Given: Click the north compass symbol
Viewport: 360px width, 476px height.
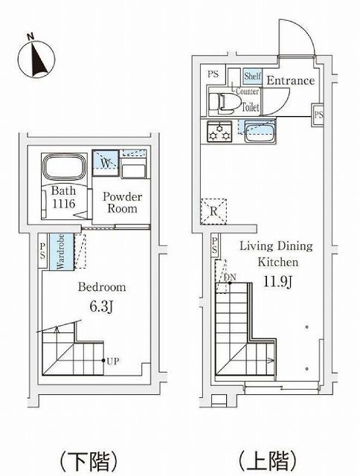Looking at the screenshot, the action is coord(36,58).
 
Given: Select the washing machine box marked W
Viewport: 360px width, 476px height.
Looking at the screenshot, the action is coord(106,163).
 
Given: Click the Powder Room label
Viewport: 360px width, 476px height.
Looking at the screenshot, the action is coord(122,202).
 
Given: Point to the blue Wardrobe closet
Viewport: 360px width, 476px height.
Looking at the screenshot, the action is coord(61,251).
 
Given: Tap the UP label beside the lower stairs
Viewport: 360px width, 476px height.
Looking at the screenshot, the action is coord(113,361).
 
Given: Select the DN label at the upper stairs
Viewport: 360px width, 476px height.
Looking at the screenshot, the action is coord(230,277).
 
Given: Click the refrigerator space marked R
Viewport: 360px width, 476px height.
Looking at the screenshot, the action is coord(213,211).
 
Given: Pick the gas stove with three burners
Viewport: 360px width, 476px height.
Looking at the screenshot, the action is coord(219,132).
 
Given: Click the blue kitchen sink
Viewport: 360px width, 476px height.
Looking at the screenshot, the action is coord(260,132).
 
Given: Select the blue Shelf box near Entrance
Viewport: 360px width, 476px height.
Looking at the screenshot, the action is coord(253,76).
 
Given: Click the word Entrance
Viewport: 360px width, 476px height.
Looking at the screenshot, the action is coord(291,80).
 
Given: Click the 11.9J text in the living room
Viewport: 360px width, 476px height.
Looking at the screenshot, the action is coord(277,281).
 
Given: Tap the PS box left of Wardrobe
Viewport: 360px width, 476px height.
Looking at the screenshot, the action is coord(42,251).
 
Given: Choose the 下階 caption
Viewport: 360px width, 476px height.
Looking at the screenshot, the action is coord(89,461).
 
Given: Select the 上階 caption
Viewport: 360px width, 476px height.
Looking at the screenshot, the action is coord(268,460).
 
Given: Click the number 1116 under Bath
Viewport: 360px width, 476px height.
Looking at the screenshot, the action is coord(64,203).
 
